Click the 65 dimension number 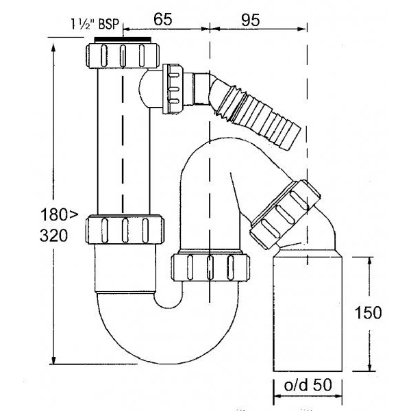click(162, 20)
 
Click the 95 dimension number click(251, 20)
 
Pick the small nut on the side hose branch click(176, 88)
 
